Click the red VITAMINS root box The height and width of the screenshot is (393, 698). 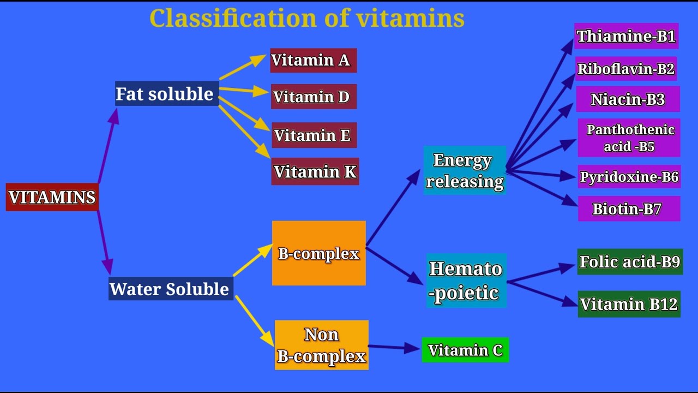52,197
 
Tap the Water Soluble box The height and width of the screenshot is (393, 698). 171,288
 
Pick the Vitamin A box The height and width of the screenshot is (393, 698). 313,60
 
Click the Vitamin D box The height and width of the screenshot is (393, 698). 314,97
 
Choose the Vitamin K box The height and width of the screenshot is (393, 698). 315,172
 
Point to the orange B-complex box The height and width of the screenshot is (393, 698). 319,253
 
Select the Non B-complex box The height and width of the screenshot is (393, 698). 322,345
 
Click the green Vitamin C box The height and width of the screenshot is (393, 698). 465,350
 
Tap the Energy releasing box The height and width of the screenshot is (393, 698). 465,170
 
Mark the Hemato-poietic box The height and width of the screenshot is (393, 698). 466,281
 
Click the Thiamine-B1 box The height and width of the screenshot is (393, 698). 626,36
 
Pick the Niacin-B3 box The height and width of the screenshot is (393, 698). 628,99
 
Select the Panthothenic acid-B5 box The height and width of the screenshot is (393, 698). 629,138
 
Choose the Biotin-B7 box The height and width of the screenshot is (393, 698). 629,209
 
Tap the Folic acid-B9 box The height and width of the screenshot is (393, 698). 630,262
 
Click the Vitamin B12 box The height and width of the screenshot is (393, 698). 629,304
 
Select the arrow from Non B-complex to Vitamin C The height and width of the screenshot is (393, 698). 394,347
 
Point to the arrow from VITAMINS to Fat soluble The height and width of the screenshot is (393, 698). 108,146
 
